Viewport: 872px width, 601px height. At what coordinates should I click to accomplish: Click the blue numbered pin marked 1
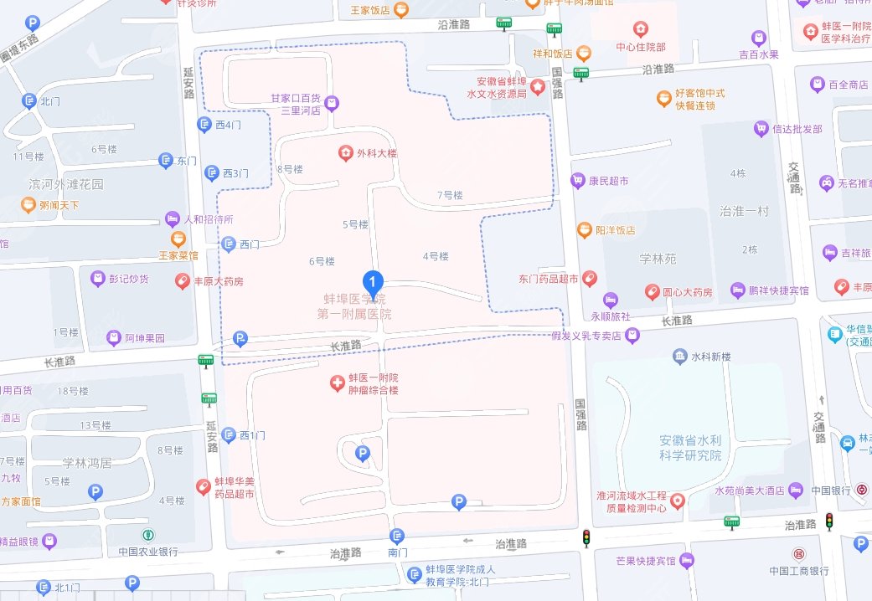click(372, 282)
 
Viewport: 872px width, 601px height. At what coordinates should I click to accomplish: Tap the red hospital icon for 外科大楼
click(344, 152)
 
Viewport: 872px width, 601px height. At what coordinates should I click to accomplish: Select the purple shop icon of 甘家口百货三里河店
click(333, 103)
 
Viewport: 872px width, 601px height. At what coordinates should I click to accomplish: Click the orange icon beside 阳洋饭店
click(584, 229)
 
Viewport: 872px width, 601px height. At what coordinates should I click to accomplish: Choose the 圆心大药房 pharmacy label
click(687, 292)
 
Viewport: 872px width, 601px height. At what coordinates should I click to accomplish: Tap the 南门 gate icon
click(397, 536)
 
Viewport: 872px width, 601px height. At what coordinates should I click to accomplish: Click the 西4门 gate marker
click(204, 125)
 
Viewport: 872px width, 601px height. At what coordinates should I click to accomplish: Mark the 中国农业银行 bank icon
click(148, 535)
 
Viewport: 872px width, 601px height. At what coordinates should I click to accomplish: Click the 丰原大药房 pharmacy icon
click(182, 281)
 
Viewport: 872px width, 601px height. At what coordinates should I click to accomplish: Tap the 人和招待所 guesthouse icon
click(172, 219)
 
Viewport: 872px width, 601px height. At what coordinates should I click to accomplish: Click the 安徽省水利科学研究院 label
click(689, 448)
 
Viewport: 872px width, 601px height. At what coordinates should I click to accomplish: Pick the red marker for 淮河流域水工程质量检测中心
click(677, 501)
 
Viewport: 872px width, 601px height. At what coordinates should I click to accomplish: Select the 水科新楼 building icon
click(679, 357)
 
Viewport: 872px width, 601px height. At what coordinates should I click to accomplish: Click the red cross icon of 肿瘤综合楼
click(337, 383)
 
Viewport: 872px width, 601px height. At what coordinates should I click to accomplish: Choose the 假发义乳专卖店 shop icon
click(632, 336)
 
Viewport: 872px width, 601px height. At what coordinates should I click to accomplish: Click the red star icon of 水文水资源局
click(536, 87)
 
